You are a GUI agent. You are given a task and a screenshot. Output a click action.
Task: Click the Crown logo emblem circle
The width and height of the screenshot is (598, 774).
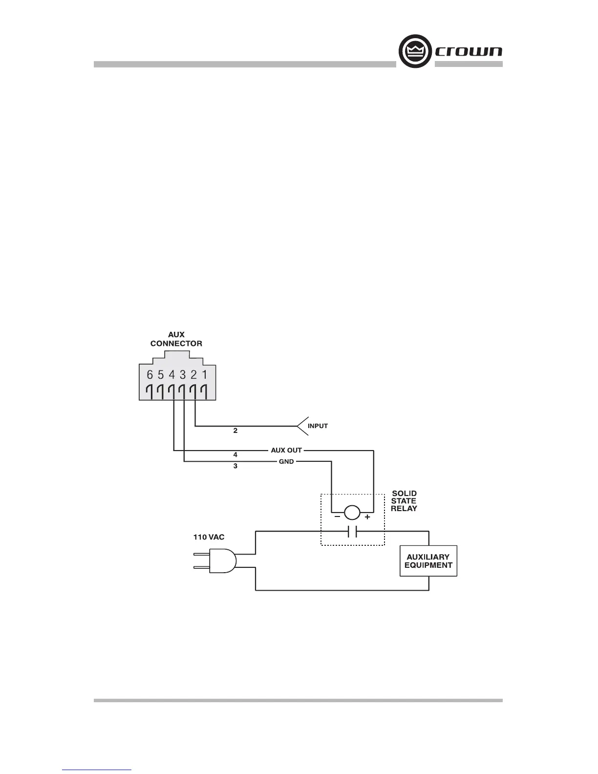(x=416, y=51)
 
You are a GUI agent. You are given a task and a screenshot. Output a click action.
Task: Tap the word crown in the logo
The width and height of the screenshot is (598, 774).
(x=468, y=51)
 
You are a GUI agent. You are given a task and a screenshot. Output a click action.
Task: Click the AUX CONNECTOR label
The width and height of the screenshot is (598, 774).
(x=176, y=339)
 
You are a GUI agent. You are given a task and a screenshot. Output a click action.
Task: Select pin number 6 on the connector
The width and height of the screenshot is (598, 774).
(x=150, y=375)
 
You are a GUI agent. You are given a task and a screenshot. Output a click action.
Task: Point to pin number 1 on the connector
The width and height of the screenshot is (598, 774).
(x=205, y=375)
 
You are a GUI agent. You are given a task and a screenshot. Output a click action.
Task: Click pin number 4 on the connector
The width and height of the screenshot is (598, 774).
(x=172, y=375)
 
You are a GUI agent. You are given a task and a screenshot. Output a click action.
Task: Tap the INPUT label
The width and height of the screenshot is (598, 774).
(x=318, y=426)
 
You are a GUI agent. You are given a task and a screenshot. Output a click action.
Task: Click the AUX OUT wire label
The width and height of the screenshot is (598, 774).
(x=286, y=450)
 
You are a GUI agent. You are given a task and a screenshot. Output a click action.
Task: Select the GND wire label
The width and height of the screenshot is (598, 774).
(x=286, y=462)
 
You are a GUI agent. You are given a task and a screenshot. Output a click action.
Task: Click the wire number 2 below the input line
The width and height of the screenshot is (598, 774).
(x=235, y=431)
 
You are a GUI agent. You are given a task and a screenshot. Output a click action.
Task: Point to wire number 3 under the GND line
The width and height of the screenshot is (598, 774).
(x=235, y=466)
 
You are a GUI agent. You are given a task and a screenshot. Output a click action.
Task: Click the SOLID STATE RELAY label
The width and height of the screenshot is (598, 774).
(x=404, y=501)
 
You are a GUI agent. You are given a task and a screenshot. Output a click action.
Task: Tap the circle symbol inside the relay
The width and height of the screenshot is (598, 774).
(x=352, y=513)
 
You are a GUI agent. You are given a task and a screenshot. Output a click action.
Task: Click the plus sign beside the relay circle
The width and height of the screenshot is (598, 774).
(x=367, y=517)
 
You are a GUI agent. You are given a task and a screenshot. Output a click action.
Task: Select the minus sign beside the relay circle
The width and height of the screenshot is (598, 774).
(x=337, y=517)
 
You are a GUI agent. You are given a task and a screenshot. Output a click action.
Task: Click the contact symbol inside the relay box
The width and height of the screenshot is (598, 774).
(x=352, y=532)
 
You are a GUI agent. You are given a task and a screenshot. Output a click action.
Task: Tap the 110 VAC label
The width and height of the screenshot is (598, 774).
(x=209, y=537)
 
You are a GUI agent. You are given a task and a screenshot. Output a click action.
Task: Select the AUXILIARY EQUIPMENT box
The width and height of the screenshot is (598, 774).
(x=428, y=561)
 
